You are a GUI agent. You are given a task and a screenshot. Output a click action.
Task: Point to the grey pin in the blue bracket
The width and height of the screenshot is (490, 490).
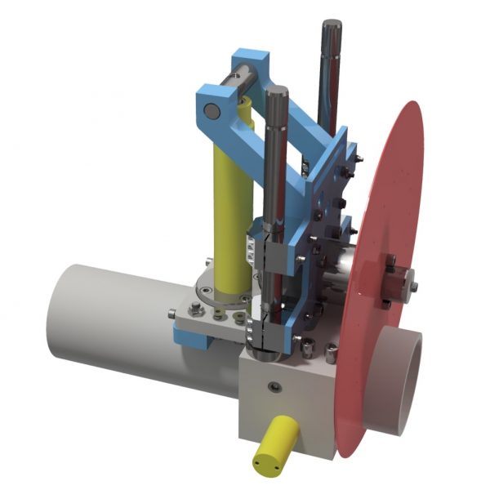click(211, 111)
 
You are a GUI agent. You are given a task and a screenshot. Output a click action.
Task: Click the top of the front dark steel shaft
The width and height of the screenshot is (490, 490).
click(275, 91)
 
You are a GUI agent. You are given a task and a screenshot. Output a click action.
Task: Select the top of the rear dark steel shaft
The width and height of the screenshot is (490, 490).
click(332, 24)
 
